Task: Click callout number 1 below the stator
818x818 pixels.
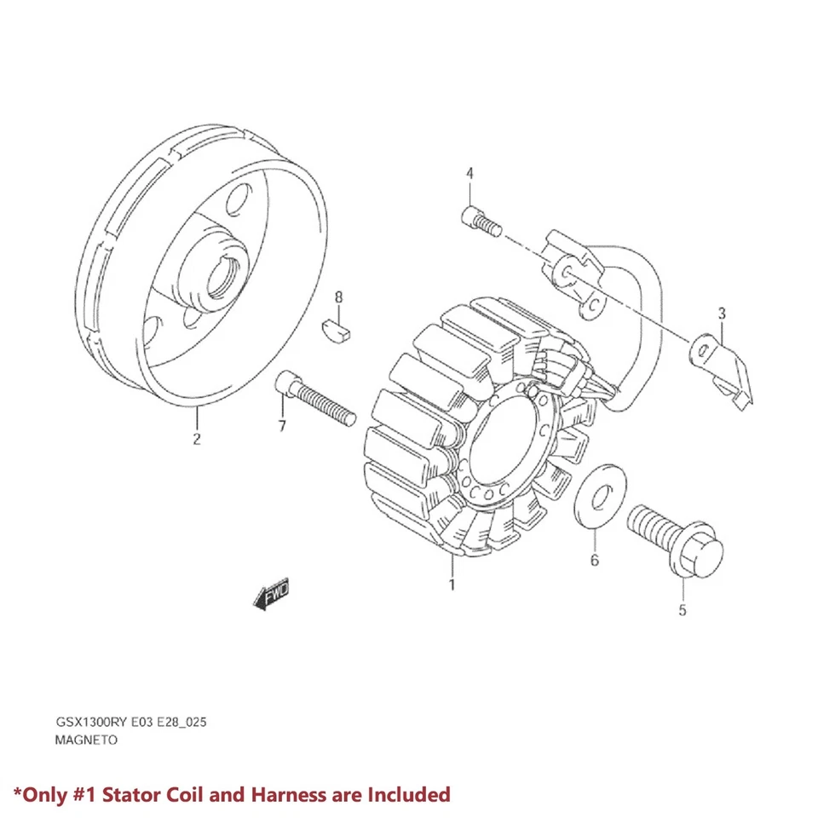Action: click(x=452, y=585)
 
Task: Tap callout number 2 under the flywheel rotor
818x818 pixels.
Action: click(x=197, y=440)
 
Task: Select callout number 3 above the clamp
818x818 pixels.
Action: click(x=721, y=314)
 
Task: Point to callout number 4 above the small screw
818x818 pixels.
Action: click(x=469, y=174)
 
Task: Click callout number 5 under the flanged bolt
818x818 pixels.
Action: click(x=682, y=610)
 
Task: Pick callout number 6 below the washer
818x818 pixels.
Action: click(x=595, y=560)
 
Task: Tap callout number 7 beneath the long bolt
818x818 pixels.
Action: click(x=282, y=425)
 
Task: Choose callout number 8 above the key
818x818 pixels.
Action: click(x=338, y=297)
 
